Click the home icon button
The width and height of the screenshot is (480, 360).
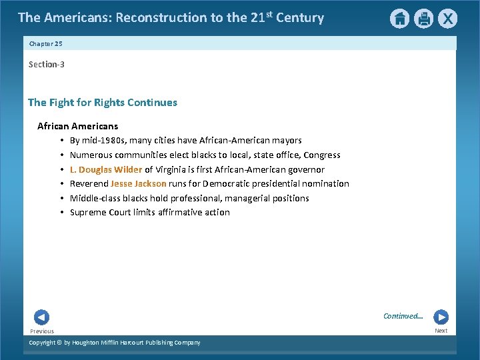399,19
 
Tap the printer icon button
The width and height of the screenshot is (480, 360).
423,19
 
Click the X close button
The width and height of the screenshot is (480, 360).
447,19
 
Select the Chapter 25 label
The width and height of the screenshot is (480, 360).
45,43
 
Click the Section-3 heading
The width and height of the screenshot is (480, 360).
47,64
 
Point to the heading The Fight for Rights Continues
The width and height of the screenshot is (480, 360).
103,103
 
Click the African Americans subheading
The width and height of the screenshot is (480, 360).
77,126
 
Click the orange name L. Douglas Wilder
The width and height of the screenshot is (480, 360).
106,169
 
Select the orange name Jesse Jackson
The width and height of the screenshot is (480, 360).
138,183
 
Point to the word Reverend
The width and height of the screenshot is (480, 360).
89,183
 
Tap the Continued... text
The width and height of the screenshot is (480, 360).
403,316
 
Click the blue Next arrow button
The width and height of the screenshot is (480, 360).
441,317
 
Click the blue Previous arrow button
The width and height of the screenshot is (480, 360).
41,317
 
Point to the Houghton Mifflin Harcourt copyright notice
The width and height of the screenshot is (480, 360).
115,343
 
